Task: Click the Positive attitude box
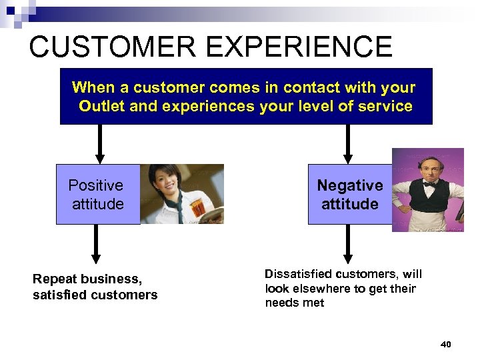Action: click(x=97, y=194)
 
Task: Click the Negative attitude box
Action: click(x=349, y=194)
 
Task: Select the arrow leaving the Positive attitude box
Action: click(x=96, y=243)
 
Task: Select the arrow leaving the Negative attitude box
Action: click(x=347, y=243)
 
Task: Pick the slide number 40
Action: click(x=446, y=344)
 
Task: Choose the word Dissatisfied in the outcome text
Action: click(x=297, y=274)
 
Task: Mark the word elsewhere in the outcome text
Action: click(x=321, y=289)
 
